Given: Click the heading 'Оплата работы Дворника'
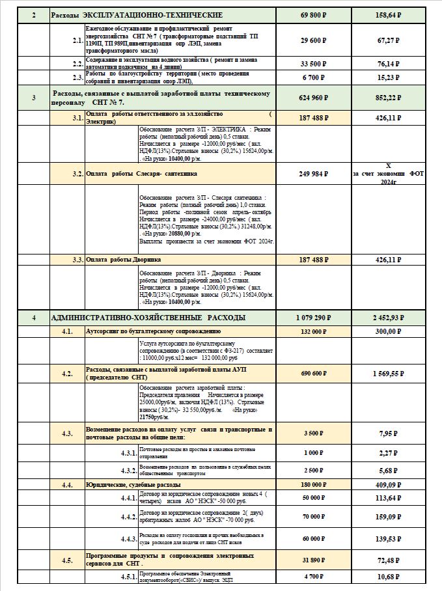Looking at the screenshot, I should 124,260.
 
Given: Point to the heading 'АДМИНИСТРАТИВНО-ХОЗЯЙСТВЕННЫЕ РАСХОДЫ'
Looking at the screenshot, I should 148,318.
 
